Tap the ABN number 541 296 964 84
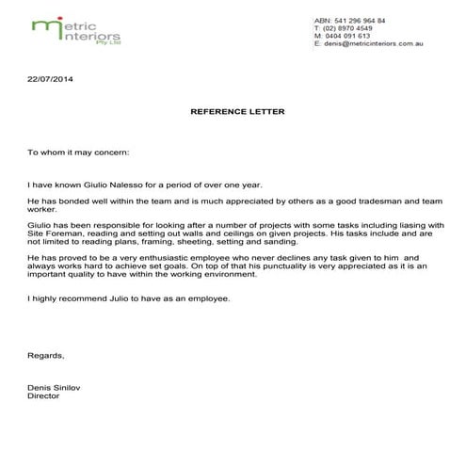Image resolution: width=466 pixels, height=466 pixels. click(357, 20)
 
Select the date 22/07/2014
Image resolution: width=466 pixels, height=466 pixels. click(50, 79)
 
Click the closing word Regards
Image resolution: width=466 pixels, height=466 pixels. click(47, 356)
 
